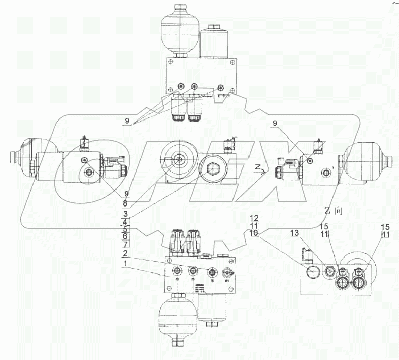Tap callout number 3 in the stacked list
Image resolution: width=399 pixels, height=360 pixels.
pos(125,214)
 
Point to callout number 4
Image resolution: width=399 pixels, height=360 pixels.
pos(125,222)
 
